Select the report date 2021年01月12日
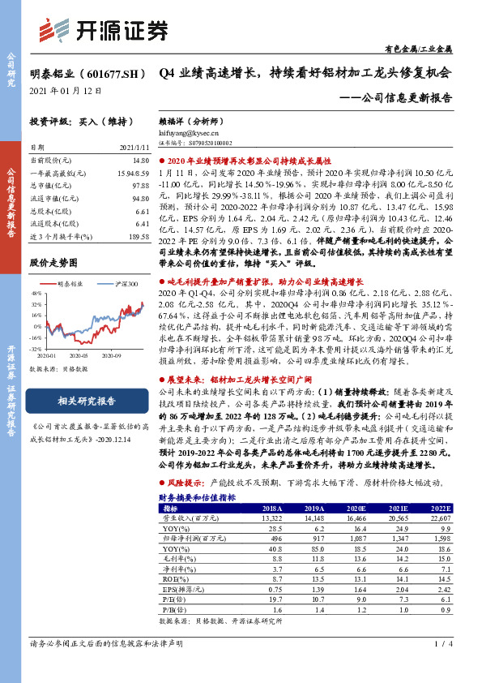pos(66,91)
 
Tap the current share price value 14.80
pos(139,161)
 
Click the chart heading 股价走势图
pos(53,263)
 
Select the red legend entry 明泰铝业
pos(71,284)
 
